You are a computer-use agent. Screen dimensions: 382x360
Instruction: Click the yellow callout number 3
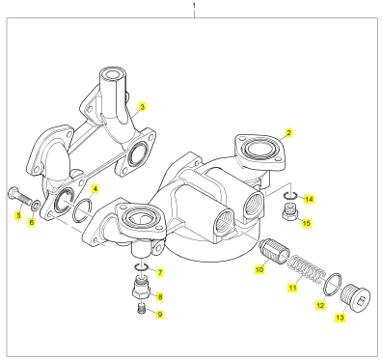point(142,107)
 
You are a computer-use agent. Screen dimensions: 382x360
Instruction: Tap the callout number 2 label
point(288,132)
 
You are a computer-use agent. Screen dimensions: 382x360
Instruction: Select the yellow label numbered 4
point(95,188)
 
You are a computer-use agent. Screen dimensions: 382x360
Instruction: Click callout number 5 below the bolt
point(18,215)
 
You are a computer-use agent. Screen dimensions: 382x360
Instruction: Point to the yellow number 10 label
point(259,269)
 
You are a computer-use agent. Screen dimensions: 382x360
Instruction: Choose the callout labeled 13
point(340,318)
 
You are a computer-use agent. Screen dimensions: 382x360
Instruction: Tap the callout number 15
point(307,223)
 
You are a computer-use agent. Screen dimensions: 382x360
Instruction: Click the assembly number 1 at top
point(194,6)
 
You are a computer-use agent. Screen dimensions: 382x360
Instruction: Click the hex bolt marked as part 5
point(18,196)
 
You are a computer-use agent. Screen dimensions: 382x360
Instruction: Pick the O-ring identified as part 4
point(83,210)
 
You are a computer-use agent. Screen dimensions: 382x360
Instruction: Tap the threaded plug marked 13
point(355,297)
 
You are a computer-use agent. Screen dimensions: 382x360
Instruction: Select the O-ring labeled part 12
point(333,284)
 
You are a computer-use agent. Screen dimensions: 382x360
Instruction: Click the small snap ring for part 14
point(291,196)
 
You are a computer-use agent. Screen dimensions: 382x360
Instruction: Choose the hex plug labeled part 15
point(291,213)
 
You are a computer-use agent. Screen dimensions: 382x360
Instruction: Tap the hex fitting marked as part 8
point(141,287)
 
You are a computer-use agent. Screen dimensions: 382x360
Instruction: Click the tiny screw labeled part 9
point(141,309)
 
